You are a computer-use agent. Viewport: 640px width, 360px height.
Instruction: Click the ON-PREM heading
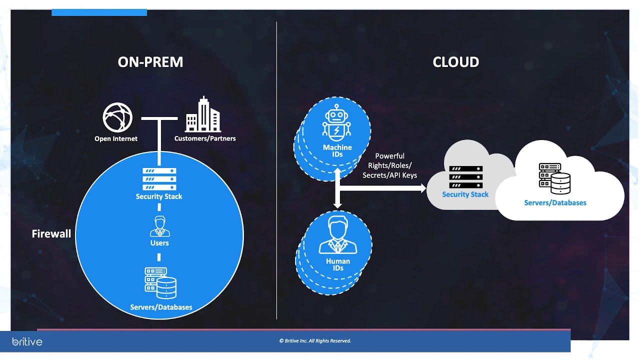pos(150,62)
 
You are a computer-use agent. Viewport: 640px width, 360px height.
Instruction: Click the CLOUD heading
pos(455,62)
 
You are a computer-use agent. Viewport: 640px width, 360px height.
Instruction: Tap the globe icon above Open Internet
pos(118,117)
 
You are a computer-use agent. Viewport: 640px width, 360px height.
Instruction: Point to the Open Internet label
pos(116,138)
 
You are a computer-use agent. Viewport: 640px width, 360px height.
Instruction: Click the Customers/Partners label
pos(205,138)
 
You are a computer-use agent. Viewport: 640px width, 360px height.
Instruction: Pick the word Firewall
pos(51,233)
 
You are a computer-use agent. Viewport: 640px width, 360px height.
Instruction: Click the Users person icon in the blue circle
pos(159,226)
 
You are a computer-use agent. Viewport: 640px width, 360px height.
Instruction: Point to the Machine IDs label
pos(337,151)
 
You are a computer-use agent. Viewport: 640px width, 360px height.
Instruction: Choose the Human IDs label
pos(338,264)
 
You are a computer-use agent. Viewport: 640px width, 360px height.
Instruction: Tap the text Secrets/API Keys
pos(389,175)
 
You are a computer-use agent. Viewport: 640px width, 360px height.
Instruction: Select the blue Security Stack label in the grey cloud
pos(465,194)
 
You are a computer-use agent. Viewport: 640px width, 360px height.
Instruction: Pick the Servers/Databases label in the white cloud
pos(555,203)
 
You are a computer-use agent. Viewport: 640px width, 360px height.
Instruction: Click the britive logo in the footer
pos(27,342)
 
